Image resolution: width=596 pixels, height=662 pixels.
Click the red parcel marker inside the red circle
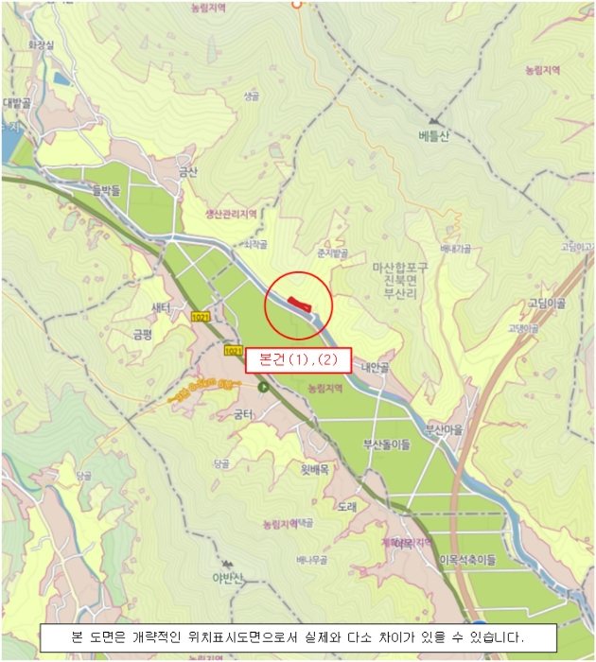coord(300,303)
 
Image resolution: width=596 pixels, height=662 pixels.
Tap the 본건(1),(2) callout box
coord(298,360)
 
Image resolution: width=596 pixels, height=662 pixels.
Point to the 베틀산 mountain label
coord(433,136)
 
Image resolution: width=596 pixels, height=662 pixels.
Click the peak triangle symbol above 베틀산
coord(434,121)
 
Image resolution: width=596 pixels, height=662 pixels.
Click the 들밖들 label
coord(107,189)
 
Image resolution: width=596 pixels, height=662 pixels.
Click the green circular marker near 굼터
coord(263,388)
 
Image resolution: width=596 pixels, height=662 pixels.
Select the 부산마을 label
coord(445,427)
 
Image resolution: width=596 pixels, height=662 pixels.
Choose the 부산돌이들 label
coord(387,443)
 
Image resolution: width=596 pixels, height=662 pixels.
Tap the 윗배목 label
coord(314,469)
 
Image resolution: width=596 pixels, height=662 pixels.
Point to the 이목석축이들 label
coord(467,560)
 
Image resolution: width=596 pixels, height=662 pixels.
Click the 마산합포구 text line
coord(400,268)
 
